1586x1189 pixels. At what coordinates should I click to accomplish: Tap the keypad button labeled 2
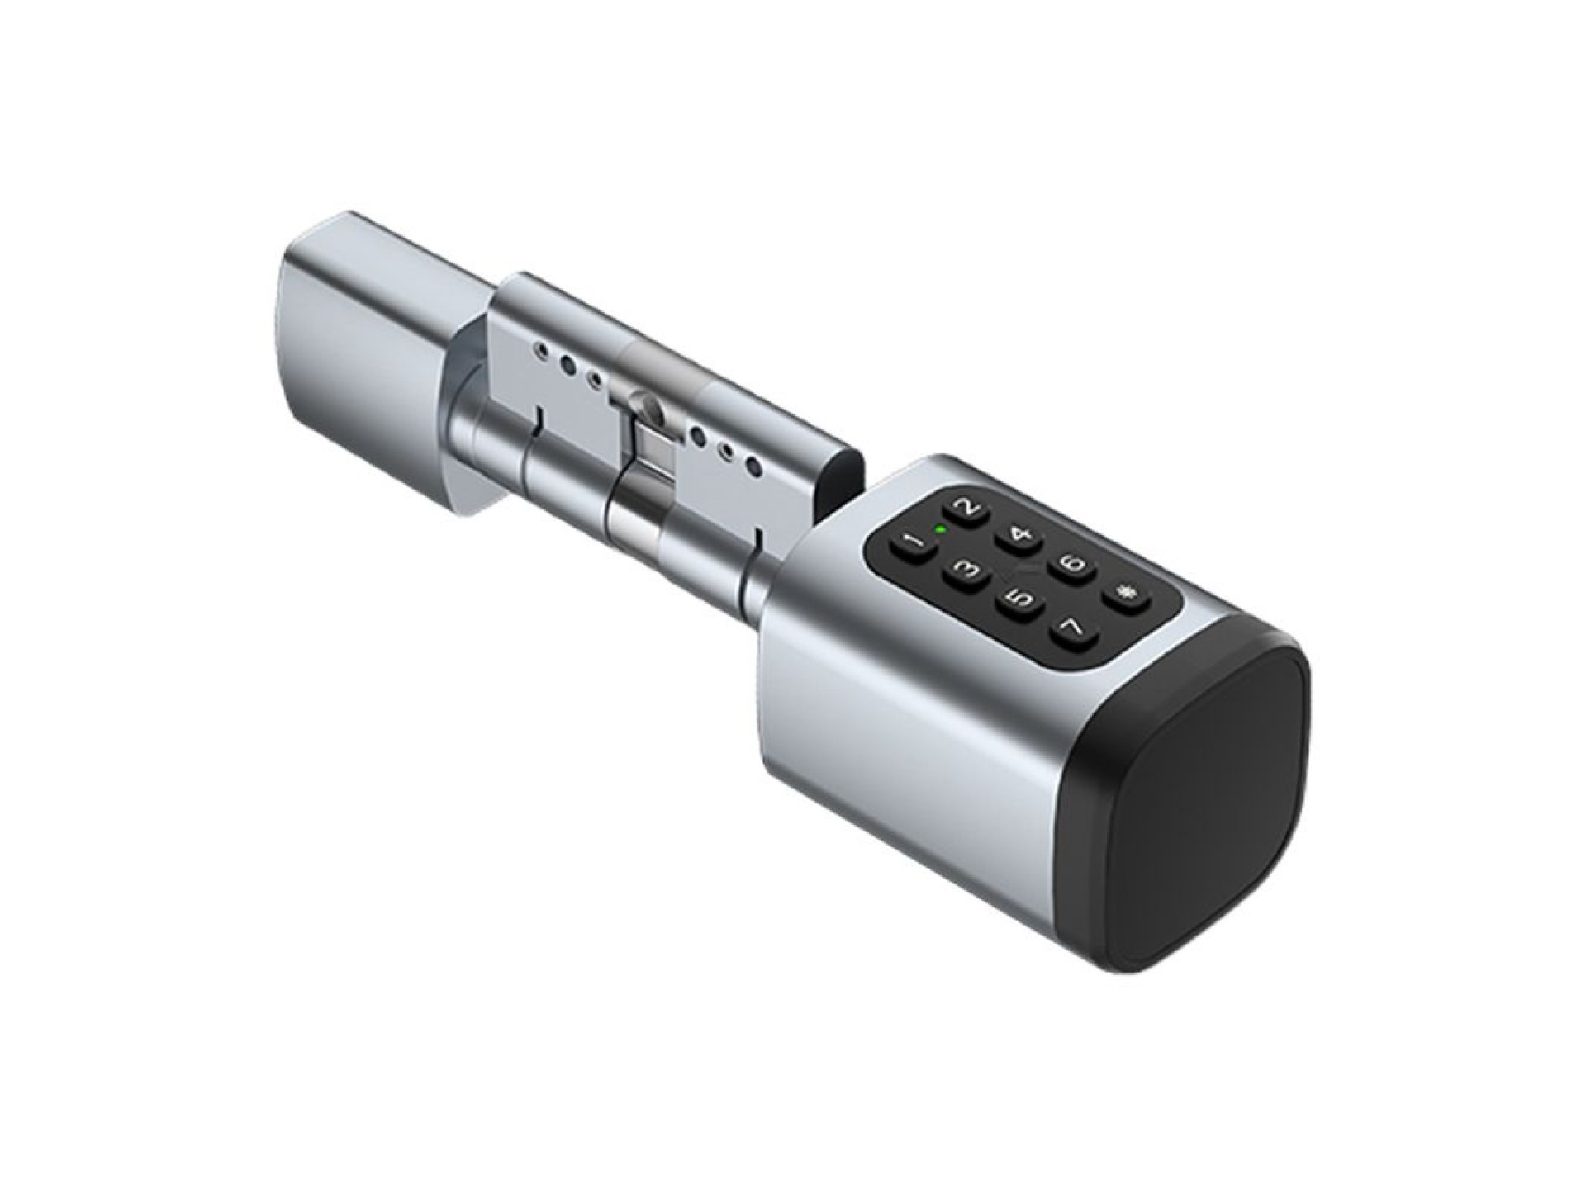click(x=969, y=509)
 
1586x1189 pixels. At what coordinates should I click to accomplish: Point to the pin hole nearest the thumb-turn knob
click(x=541, y=350)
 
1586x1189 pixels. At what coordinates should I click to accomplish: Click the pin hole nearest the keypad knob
click(x=753, y=468)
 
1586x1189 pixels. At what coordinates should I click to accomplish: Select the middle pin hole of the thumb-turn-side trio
click(x=568, y=364)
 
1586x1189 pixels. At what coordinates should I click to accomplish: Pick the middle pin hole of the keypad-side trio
click(x=727, y=452)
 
